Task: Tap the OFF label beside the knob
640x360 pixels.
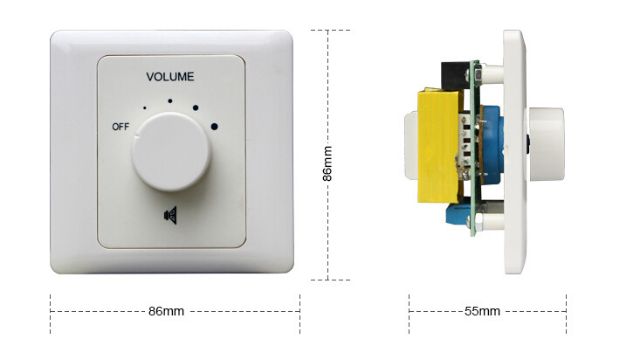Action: (x=120, y=127)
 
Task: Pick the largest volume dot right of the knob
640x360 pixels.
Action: (x=214, y=128)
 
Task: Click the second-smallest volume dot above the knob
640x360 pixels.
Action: (x=171, y=100)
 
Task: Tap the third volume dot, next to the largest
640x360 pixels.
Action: (x=196, y=109)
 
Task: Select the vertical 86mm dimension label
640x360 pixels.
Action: (x=327, y=163)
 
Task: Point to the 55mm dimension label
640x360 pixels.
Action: (x=481, y=311)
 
